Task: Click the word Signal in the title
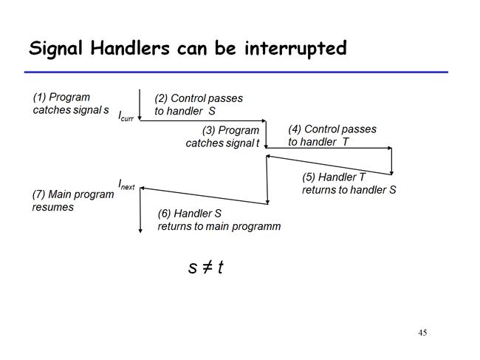[55, 49]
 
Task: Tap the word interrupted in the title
[295, 48]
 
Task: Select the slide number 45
[422, 333]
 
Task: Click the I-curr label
[126, 116]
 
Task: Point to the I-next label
[126, 185]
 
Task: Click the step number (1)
[39, 98]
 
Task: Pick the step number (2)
[161, 98]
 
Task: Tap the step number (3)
[208, 131]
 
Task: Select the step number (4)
[295, 129]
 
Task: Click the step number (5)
[309, 177]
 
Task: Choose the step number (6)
[165, 214]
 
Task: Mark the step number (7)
[38, 194]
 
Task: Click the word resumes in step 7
[53, 208]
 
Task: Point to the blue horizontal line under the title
[236, 72]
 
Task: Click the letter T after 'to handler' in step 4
[346, 142]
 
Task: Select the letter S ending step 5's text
[392, 190]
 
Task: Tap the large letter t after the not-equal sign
[220, 267]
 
